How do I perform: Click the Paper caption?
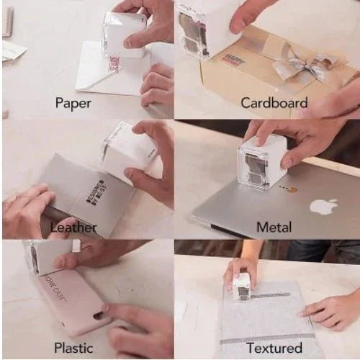[x=73, y=103]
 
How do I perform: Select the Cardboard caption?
[x=274, y=103]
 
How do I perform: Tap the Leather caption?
[x=73, y=227]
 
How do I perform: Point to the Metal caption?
[x=274, y=227]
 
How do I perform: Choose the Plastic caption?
[x=73, y=348]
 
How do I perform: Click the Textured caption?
[x=274, y=348]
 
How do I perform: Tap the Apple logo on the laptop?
[x=324, y=207]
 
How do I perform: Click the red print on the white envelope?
[x=114, y=66]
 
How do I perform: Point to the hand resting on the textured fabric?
[x=331, y=310]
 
